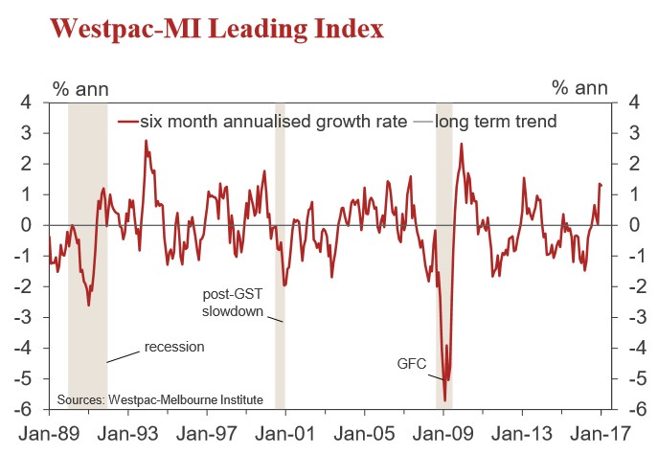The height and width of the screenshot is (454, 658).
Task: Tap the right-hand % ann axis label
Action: point(579,89)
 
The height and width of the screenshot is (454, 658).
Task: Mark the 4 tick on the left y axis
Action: point(28,102)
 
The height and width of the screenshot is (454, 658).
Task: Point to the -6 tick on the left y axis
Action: point(25,409)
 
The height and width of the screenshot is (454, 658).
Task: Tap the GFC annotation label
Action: point(413,364)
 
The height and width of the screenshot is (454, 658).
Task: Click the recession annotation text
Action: point(174,346)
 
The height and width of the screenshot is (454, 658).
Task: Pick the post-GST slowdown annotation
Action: point(234,303)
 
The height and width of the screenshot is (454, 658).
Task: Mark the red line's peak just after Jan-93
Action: point(146,141)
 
